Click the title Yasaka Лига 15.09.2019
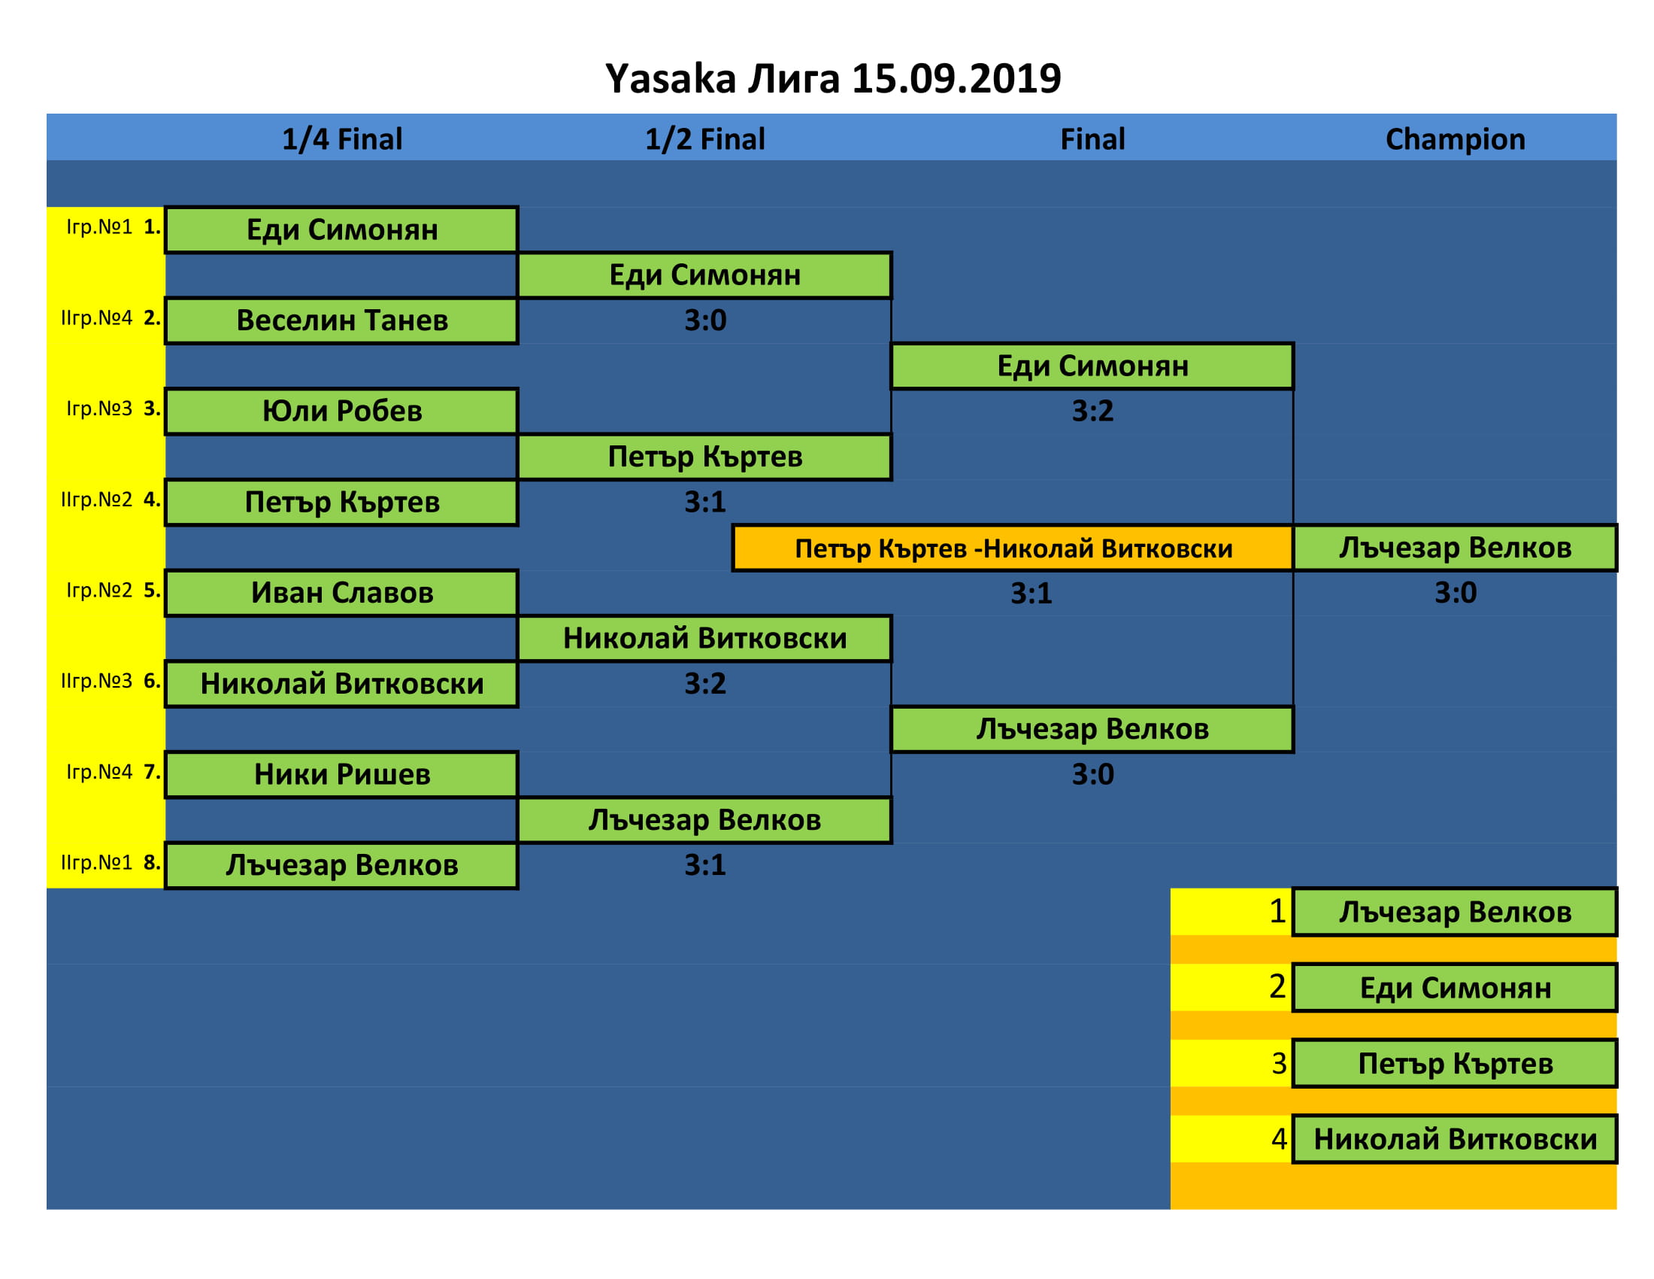click(832, 79)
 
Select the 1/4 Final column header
click(341, 139)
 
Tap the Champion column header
click(1455, 139)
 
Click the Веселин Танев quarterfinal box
click(341, 321)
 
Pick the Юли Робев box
click(341, 412)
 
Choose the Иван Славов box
click(341, 594)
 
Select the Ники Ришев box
click(341, 774)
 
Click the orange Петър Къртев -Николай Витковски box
click(1013, 548)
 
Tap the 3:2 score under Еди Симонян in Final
click(1092, 411)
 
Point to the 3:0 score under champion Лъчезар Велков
click(1455, 593)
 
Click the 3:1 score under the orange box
click(1031, 594)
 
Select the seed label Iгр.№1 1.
click(113, 226)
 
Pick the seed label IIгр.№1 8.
click(111, 862)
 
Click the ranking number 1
click(1277, 911)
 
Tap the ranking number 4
click(1278, 1138)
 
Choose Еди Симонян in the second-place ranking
click(1455, 988)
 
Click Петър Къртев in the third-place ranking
click(1455, 1064)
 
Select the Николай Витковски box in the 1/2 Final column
click(704, 639)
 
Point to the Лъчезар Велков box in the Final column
click(1092, 729)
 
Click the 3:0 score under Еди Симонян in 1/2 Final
click(704, 321)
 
